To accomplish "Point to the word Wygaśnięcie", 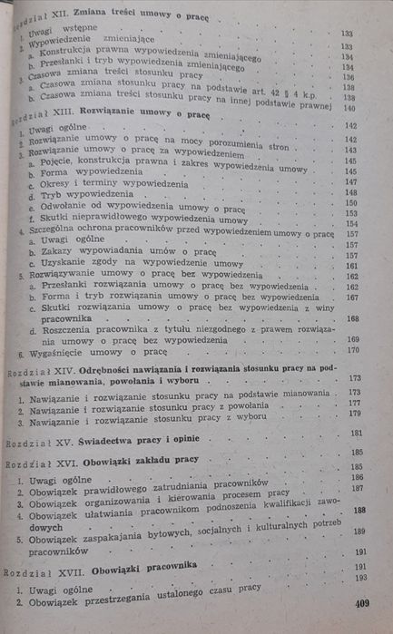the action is pos(54,351).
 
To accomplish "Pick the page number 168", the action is pos(352,318).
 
